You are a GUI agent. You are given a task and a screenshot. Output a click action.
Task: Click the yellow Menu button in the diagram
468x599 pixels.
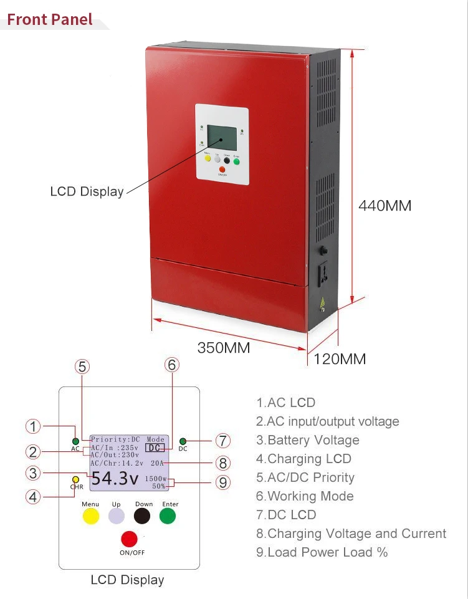[91, 516]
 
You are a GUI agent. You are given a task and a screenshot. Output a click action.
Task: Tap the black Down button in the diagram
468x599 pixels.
[143, 516]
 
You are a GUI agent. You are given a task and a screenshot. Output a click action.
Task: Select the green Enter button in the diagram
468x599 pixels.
[168, 516]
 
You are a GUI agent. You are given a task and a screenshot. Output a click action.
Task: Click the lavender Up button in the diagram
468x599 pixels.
[117, 516]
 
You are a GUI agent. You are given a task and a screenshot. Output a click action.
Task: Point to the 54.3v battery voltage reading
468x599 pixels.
[115, 479]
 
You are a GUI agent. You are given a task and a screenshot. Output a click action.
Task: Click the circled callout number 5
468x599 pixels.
[83, 367]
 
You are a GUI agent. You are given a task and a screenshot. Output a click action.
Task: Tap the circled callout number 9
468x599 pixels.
[222, 482]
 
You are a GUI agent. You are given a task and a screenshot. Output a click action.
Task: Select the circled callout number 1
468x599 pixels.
[33, 426]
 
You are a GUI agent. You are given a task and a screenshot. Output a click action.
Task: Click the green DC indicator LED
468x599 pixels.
[183, 441]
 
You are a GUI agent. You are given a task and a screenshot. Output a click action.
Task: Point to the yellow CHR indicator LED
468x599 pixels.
[76, 479]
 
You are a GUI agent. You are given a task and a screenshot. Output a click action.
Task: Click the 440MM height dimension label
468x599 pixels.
[384, 206]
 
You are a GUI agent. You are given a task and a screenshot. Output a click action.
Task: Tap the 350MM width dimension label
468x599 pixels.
[224, 348]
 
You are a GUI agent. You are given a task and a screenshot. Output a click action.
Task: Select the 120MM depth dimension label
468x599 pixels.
[340, 359]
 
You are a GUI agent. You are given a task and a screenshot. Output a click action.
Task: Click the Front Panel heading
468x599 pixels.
[50, 19]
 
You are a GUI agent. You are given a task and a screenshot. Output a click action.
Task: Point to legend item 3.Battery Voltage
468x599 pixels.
[308, 440]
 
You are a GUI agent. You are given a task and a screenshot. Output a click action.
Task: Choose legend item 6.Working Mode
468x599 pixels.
[305, 496]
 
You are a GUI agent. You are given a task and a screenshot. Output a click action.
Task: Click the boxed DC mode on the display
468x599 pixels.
[155, 448]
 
